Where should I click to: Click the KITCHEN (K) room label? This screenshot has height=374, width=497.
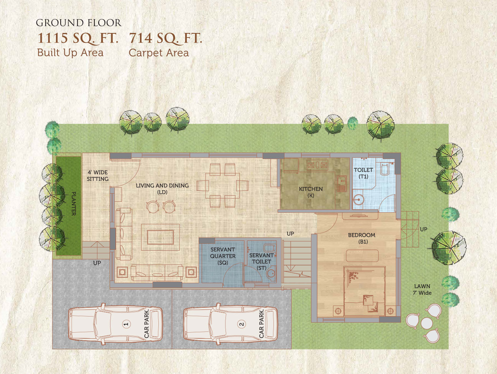point(311,192)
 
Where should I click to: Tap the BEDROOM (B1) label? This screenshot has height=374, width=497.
point(362,238)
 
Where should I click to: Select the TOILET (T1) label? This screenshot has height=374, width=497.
point(364,173)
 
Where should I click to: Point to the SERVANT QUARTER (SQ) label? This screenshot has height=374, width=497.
point(223,256)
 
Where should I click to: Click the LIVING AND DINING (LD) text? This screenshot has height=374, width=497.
point(162,189)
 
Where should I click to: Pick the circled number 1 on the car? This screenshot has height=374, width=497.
point(126,324)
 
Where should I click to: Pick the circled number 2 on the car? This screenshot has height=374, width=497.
point(241,324)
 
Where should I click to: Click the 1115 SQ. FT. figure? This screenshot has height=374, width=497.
point(78,38)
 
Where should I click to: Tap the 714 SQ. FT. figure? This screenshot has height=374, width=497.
point(166,38)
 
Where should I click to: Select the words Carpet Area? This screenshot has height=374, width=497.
point(159,53)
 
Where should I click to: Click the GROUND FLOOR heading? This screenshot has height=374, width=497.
point(79,23)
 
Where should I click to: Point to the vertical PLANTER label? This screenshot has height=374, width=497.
point(74,203)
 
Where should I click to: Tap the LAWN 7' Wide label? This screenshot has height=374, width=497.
point(422,289)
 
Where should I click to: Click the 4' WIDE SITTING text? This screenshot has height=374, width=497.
point(97,176)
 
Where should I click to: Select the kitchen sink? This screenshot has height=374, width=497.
point(341,184)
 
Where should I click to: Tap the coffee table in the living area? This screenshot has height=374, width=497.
point(160,237)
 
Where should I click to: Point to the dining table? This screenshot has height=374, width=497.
point(222,185)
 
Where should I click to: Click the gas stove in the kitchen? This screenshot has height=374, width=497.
point(318,165)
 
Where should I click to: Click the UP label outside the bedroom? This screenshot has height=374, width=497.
point(423,230)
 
